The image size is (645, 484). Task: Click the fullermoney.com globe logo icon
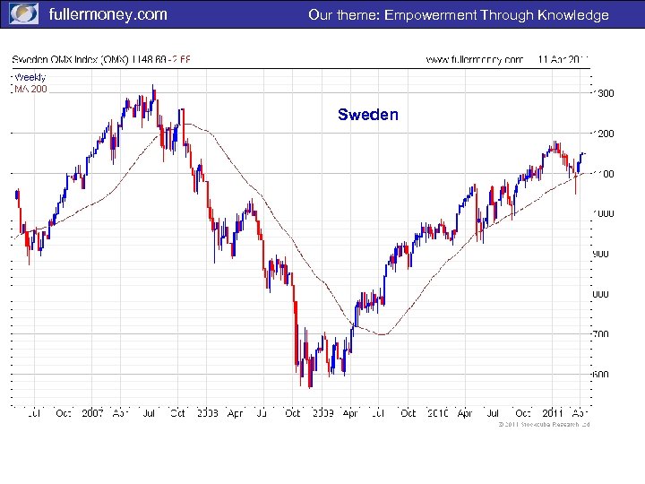[23, 14]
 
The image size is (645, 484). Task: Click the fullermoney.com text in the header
[107, 14]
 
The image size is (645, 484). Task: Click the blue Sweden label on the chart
[368, 115]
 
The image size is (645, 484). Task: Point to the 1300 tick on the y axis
[606, 93]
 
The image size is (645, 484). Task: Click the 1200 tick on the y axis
[606, 134]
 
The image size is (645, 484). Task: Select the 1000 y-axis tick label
[606, 214]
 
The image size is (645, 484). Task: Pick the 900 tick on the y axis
[602, 254]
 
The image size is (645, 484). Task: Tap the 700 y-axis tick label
[602, 334]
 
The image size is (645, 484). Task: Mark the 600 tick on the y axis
[602, 375]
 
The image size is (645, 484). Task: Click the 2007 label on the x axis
[92, 413]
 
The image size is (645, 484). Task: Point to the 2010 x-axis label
[436, 413]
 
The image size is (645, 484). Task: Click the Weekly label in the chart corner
[30, 77]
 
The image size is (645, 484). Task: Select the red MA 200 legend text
[30, 89]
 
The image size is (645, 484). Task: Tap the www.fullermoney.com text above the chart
[474, 60]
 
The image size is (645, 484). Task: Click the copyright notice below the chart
[544, 425]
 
